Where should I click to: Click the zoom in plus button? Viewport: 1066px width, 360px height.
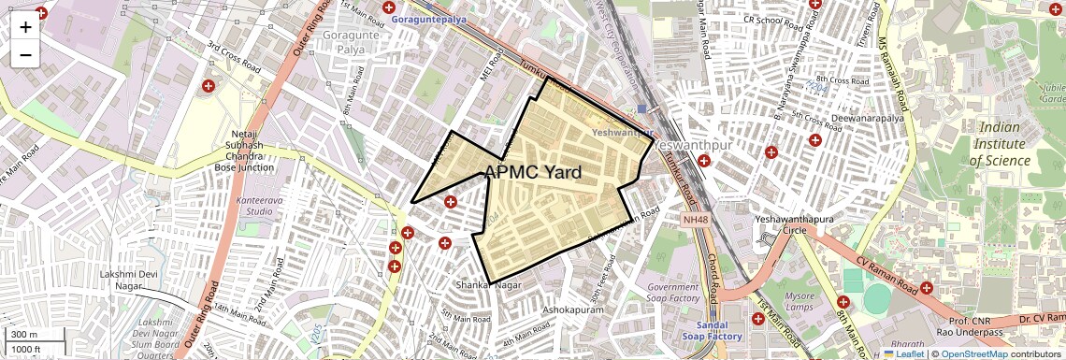25,27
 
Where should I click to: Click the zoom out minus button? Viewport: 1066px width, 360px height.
25,55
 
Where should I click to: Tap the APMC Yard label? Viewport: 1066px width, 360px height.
533,172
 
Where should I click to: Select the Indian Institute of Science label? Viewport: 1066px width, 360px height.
1000,144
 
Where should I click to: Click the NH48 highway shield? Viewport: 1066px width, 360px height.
695,218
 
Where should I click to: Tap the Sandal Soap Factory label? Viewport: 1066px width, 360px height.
713,329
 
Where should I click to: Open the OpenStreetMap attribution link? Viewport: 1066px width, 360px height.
973,353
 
